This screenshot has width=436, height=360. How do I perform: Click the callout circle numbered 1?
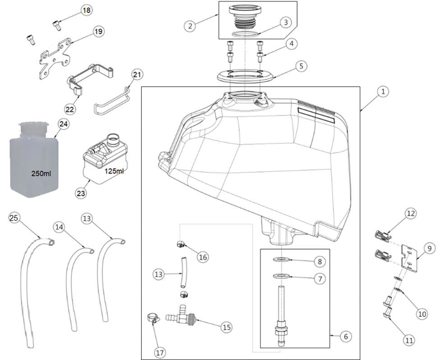382,92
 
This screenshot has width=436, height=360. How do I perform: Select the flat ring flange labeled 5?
246,75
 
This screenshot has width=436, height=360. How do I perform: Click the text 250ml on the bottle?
41,173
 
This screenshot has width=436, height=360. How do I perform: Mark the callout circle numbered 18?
87,11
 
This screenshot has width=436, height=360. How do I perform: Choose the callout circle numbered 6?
346,336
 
